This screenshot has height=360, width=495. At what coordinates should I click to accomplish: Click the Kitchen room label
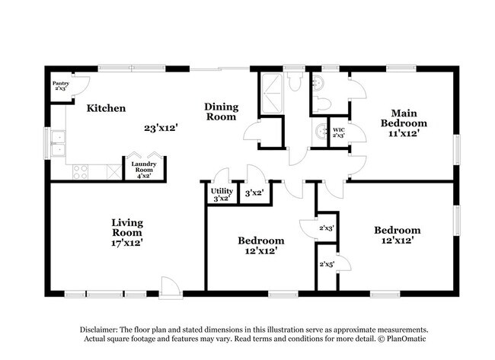106,108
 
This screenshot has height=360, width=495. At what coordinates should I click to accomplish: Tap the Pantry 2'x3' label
60,86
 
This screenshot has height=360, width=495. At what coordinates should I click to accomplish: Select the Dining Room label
220,112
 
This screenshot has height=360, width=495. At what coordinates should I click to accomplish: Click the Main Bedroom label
404,123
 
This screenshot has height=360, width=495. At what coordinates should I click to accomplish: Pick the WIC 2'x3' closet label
340,133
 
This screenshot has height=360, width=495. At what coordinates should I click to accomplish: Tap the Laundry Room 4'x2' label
143,170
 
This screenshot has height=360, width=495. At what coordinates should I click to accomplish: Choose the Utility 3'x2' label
222,195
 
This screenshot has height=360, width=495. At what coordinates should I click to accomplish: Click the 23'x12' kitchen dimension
161,128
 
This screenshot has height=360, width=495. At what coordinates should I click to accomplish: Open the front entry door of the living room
171,288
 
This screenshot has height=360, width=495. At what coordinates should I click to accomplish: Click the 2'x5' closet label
327,264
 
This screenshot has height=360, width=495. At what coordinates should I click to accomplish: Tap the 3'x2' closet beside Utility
254,193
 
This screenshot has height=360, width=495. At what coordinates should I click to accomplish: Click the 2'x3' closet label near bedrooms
326,228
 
